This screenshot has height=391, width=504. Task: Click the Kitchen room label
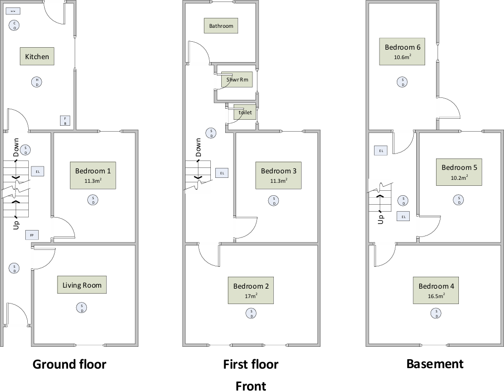click(x=37, y=56)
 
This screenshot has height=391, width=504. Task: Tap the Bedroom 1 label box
click(x=93, y=175)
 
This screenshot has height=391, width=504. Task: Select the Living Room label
click(x=82, y=285)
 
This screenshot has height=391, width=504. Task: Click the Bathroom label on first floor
click(x=221, y=26)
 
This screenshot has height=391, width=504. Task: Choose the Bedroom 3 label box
click(x=278, y=175)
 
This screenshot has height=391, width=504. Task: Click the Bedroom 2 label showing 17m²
click(x=251, y=290)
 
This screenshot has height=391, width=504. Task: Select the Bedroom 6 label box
click(x=402, y=51)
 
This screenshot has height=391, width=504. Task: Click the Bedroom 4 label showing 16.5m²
click(x=436, y=290)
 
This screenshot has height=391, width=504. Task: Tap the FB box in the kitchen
click(x=65, y=120)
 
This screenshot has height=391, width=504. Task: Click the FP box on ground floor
click(x=32, y=235)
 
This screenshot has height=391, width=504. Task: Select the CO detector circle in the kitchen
click(x=15, y=25)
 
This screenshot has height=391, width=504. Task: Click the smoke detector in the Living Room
click(x=81, y=308)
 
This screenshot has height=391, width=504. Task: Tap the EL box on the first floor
click(x=222, y=173)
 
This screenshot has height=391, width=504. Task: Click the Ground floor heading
click(x=69, y=364)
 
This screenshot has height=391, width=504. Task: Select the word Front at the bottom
click(x=251, y=386)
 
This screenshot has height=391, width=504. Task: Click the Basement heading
click(x=435, y=364)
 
